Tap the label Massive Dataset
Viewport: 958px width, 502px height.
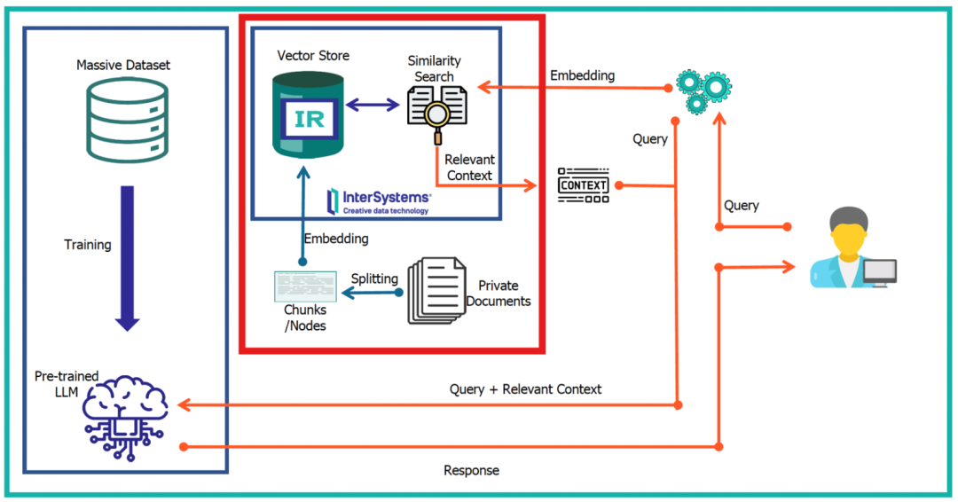click(x=123, y=65)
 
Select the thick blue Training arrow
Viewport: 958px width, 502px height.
click(x=128, y=257)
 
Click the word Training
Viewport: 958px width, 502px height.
click(x=88, y=245)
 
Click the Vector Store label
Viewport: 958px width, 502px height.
click(x=313, y=56)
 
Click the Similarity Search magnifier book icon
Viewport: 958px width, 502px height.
click(x=436, y=114)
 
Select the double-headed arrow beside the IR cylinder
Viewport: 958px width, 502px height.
click(x=373, y=106)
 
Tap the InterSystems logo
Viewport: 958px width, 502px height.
click(x=379, y=200)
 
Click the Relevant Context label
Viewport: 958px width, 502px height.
click(x=469, y=168)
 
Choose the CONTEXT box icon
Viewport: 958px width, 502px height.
click(x=583, y=185)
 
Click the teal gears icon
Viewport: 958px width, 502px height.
click(x=703, y=89)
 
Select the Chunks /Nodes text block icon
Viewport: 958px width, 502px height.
click(x=305, y=286)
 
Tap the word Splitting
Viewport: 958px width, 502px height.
click(x=374, y=278)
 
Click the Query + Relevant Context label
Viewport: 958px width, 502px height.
click(x=525, y=389)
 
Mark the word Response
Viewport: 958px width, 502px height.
click(x=471, y=470)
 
